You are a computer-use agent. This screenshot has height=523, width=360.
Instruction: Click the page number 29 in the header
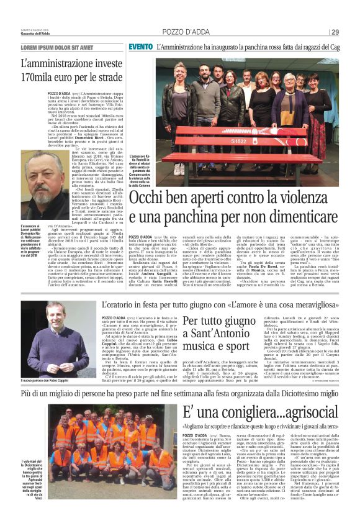[335, 32]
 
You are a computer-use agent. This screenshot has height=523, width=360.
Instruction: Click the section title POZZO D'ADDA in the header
[184, 32]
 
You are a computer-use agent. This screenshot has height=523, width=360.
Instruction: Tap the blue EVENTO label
[141, 47]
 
